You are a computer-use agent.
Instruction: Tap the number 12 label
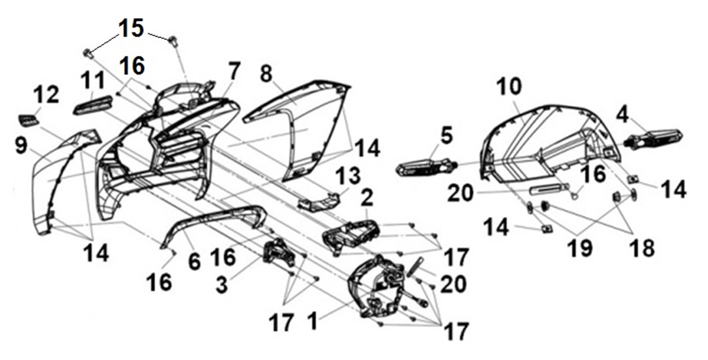[46, 96]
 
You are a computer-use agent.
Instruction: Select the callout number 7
[234, 72]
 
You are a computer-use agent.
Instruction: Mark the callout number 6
[194, 262]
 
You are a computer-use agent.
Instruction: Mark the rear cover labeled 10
[542, 141]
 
